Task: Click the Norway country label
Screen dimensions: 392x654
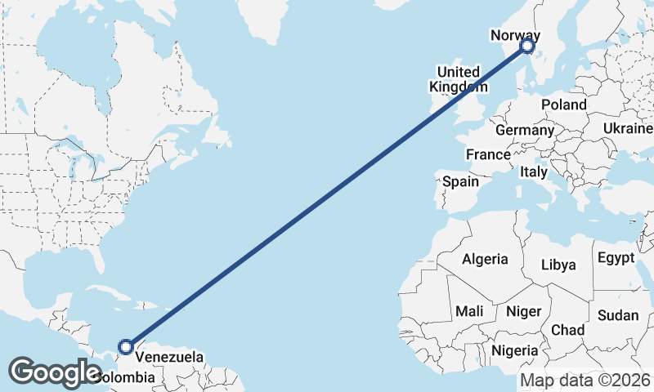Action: (515, 35)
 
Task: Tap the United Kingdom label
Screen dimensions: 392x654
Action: (457, 79)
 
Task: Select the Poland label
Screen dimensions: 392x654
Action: (564, 105)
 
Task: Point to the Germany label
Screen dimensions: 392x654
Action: (524, 130)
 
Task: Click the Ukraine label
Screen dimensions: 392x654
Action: (628, 128)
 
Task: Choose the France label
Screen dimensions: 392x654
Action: (488, 154)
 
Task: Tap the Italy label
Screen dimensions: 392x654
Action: (533, 172)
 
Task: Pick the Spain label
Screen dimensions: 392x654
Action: (461, 181)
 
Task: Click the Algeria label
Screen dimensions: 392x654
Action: (485, 259)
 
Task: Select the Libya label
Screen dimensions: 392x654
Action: (559, 265)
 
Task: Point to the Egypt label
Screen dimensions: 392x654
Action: (616, 258)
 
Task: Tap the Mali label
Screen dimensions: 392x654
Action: (469, 311)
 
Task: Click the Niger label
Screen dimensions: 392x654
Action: (524, 311)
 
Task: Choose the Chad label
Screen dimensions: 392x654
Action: (568, 330)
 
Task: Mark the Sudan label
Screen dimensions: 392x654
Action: (618, 315)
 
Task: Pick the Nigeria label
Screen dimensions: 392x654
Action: (515, 350)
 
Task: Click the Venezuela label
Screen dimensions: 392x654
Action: (168, 357)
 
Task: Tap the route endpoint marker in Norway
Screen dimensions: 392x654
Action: (527, 47)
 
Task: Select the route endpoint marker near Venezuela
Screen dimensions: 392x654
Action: (125, 347)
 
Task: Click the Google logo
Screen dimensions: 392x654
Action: (54, 372)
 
